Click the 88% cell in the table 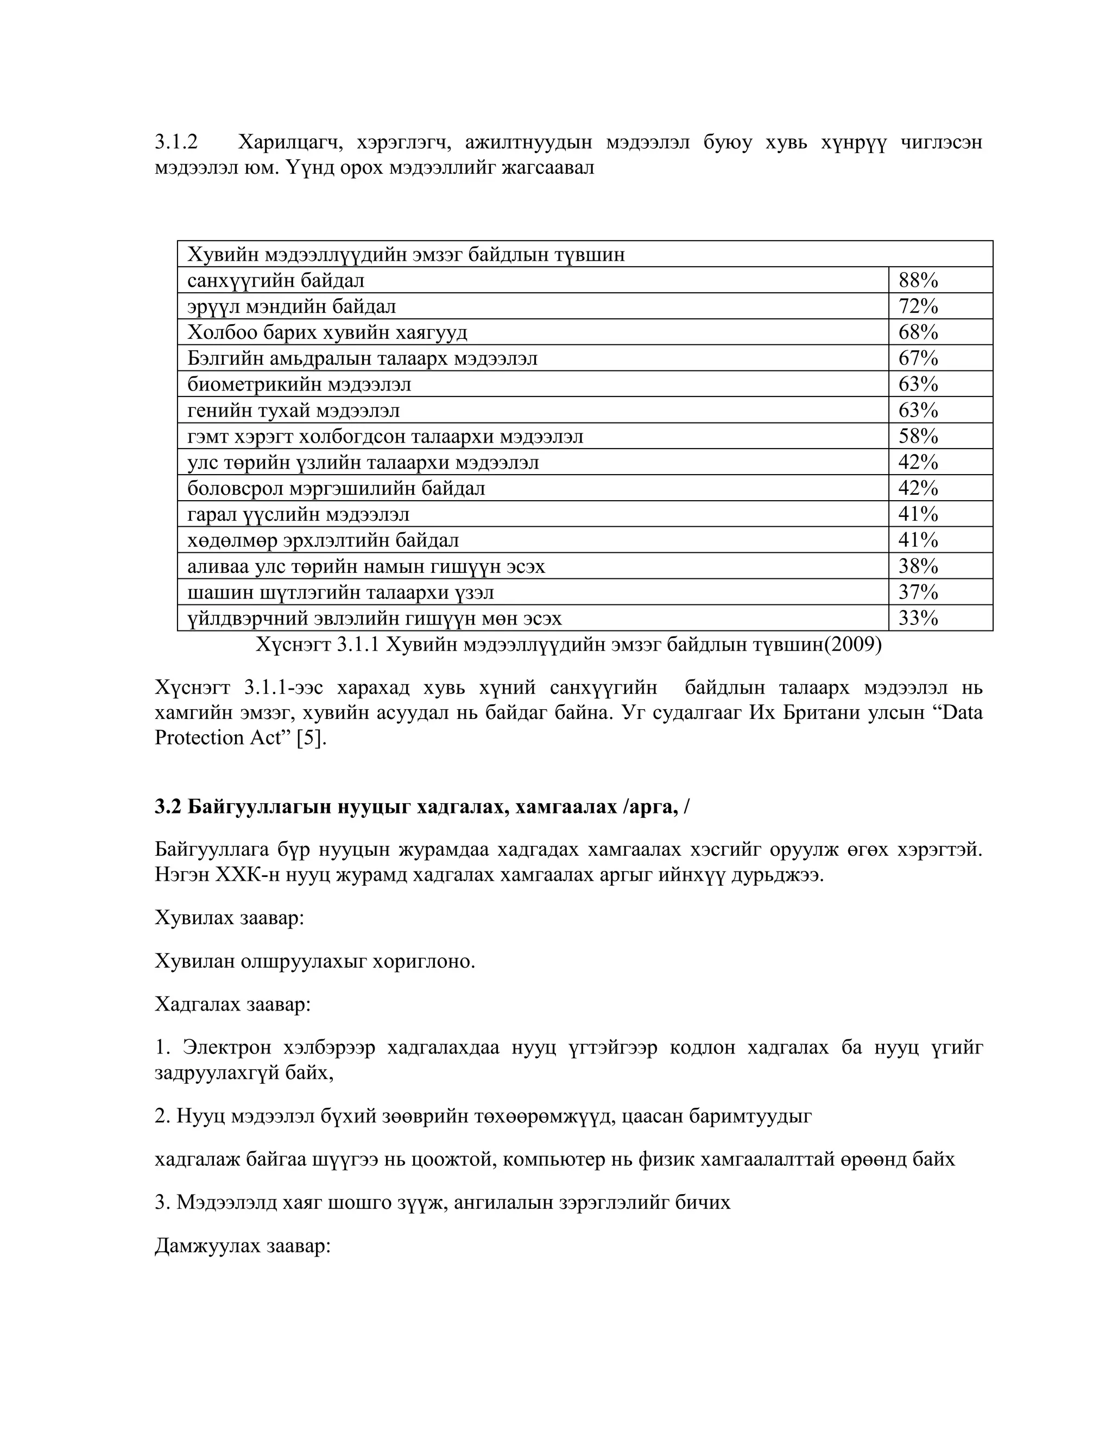918,281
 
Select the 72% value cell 918,306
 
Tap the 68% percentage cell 918,332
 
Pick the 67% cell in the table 918,358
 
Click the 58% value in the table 918,436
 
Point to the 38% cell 918,566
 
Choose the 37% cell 918,592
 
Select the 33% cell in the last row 918,618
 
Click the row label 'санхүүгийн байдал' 275,281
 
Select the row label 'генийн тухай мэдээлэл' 293,411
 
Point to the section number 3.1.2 176,142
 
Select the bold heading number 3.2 167,806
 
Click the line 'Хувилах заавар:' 229,918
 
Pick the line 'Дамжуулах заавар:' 242,1246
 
